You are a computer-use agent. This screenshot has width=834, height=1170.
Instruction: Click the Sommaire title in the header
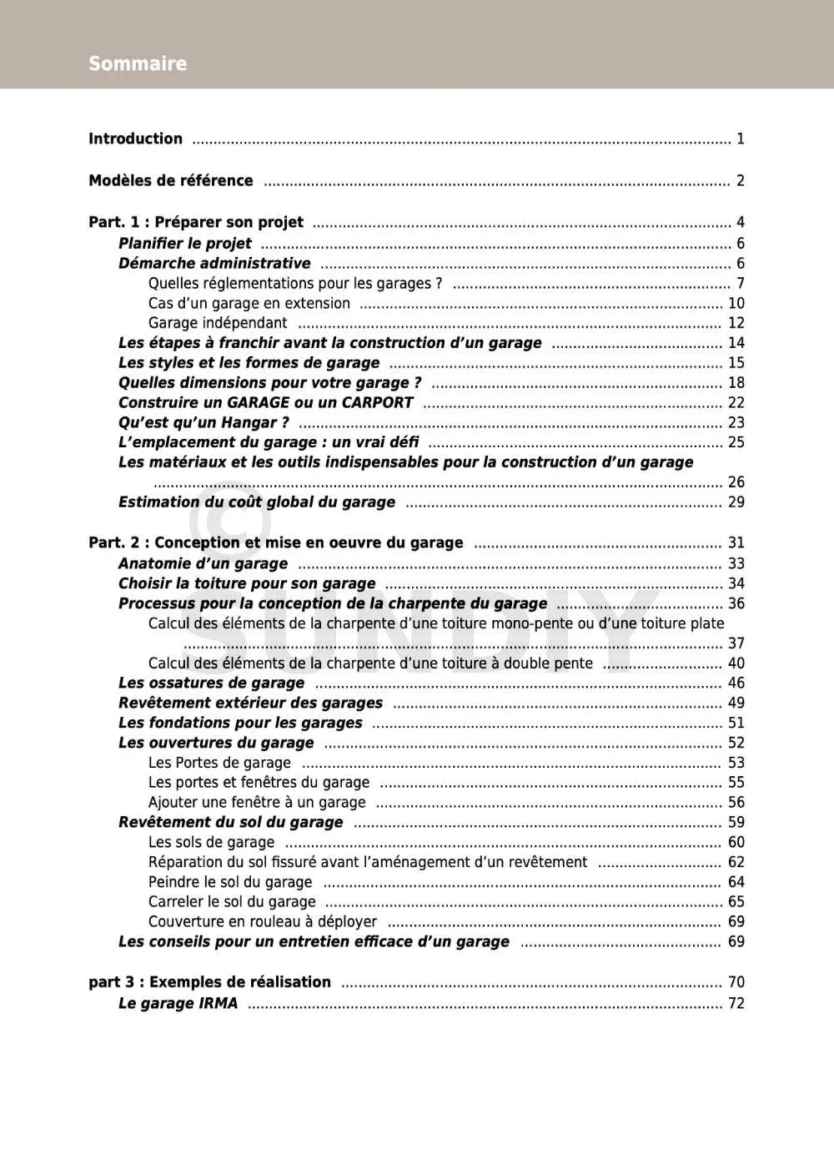click(x=138, y=63)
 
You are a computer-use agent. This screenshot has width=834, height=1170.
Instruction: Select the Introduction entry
click(x=135, y=139)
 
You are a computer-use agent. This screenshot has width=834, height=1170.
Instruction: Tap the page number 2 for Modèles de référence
click(x=740, y=180)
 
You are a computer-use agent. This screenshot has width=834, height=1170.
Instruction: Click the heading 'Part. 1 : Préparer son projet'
click(x=196, y=222)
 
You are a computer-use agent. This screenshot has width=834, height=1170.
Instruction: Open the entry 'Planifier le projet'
click(x=184, y=244)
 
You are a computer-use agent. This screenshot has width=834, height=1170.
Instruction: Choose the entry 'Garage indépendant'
click(x=218, y=323)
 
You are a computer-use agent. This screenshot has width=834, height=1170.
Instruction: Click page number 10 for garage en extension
click(x=736, y=303)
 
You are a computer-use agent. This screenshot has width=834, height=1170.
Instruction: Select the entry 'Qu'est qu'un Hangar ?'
click(x=203, y=422)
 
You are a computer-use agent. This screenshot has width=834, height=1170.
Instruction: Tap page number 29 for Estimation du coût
click(x=736, y=502)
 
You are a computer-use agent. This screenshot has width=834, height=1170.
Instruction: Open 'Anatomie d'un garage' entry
click(x=203, y=563)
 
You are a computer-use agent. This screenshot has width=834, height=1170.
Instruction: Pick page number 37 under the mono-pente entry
click(x=736, y=643)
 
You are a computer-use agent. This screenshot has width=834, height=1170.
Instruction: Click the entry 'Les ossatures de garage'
click(x=211, y=683)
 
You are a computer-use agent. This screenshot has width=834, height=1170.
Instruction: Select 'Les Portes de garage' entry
click(x=219, y=763)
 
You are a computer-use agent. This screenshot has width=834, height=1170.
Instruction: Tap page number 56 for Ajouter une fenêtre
click(x=736, y=802)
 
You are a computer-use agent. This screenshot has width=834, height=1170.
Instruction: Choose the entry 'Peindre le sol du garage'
click(x=230, y=882)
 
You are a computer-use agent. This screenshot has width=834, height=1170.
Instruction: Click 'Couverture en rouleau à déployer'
click(x=263, y=921)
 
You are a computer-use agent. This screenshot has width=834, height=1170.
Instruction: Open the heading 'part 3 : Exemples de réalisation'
click(x=209, y=982)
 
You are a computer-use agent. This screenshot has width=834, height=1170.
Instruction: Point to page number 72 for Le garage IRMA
click(x=736, y=1003)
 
